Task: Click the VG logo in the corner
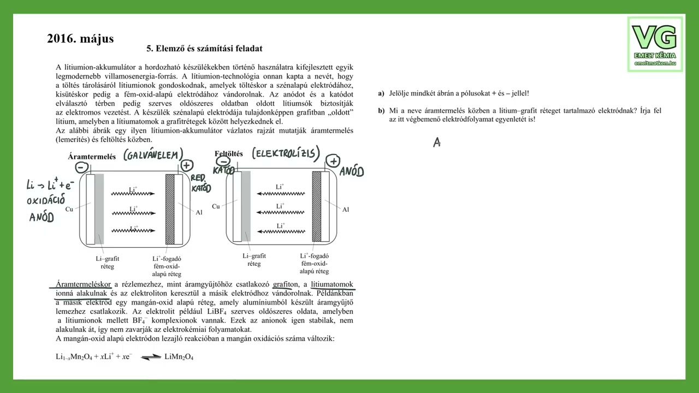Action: [x=655, y=44]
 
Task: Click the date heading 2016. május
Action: [x=80, y=39]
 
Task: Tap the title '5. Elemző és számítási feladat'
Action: [x=205, y=49]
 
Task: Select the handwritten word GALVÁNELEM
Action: [x=153, y=156]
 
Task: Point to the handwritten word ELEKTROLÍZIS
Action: [x=286, y=153]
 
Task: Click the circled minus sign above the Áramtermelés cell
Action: [x=81, y=168]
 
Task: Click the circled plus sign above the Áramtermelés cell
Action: [x=187, y=165]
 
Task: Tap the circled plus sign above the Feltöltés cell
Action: [x=333, y=161]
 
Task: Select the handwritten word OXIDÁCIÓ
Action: [x=46, y=200]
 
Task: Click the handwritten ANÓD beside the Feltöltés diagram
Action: [x=351, y=172]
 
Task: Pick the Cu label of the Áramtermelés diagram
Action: [x=69, y=209]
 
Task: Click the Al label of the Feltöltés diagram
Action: [x=345, y=209]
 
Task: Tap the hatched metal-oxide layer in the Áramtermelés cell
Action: [x=170, y=209]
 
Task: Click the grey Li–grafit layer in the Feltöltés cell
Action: [x=246, y=206]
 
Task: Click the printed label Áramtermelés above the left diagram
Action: [x=92, y=157]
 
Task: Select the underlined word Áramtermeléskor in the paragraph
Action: [x=83, y=284]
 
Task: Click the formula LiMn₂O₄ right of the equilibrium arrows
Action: [x=179, y=357]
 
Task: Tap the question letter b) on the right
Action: [x=381, y=111]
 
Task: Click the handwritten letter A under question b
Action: [x=437, y=142]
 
